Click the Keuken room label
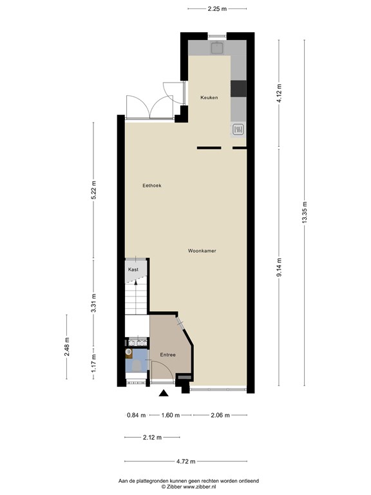(x=209, y=98)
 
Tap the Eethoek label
(x=152, y=186)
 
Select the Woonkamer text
(x=202, y=251)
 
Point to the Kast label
(x=133, y=269)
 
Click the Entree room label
(x=167, y=354)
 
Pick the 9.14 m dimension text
(x=278, y=266)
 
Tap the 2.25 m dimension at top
(x=218, y=8)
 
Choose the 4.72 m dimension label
(x=185, y=461)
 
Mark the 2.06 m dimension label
(x=220, y=415)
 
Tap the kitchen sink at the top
(x=217, y=47)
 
